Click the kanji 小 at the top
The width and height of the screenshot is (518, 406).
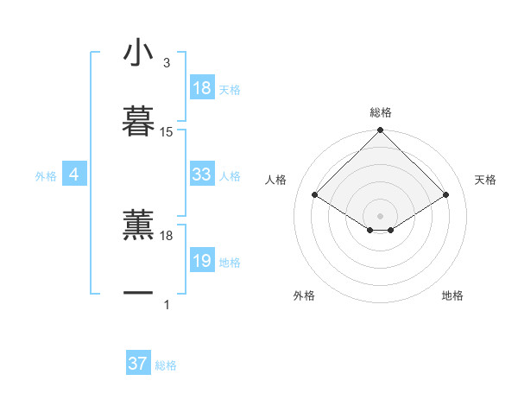pyautogui.click(x=138, y=54)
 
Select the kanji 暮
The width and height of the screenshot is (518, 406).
pyautogui.click(x=138, y=121)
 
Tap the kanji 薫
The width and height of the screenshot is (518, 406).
pyautogui.click(x=138, y=224)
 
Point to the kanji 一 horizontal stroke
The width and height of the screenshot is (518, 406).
pyautogui.click(x=138, y=293)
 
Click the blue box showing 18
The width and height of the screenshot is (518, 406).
pyautogui.click(x=202, y=88)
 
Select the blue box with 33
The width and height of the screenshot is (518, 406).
pyautogui.click(x=202, y=174)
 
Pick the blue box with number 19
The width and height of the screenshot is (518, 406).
pyautogui.click(x=202, y=261)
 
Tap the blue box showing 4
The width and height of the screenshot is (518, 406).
pyautogui.click(x=73, y=174)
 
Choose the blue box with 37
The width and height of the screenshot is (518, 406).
pyautogui.click(x=138, y=364)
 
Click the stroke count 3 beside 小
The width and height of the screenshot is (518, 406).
pyautogui.click(x=167, y=63)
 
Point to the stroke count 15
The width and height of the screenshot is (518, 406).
pyautogui.click(x=167, y=132)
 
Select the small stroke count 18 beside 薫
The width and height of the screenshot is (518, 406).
pyautogui.click(x=167, y=235)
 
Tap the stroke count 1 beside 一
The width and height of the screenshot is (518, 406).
pyautogui.click(x=167, y=304)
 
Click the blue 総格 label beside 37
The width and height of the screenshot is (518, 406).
pyautogui.click(x=166, y=365)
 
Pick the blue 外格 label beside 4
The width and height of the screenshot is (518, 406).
pyautogui.click(x=46, y=176)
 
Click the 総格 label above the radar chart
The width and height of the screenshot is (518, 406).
pyautogui.click(x=380, y=112)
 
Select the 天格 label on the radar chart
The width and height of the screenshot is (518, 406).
pyautogui.click(x=485, y=180)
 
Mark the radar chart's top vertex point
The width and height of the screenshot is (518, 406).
pyautogui.click(x=380, y=131)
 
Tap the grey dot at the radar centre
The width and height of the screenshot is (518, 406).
pyautogui.click(x=380, y=214)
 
